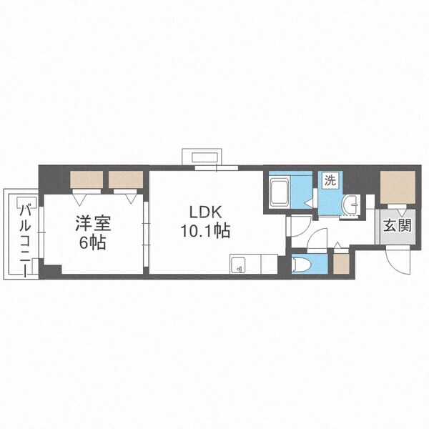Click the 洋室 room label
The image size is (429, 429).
coord(91,223)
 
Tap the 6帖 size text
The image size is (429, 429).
coord(91,242)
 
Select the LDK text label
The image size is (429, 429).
coord(207,212)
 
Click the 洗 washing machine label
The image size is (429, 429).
coord(330,181)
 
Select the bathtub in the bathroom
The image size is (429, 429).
coord(280,192)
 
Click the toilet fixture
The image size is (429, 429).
coord(303,265)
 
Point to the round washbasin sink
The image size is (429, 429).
coord(350,206)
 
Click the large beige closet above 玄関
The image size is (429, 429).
coord(397,187)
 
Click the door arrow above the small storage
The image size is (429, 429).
coord(340,247)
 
